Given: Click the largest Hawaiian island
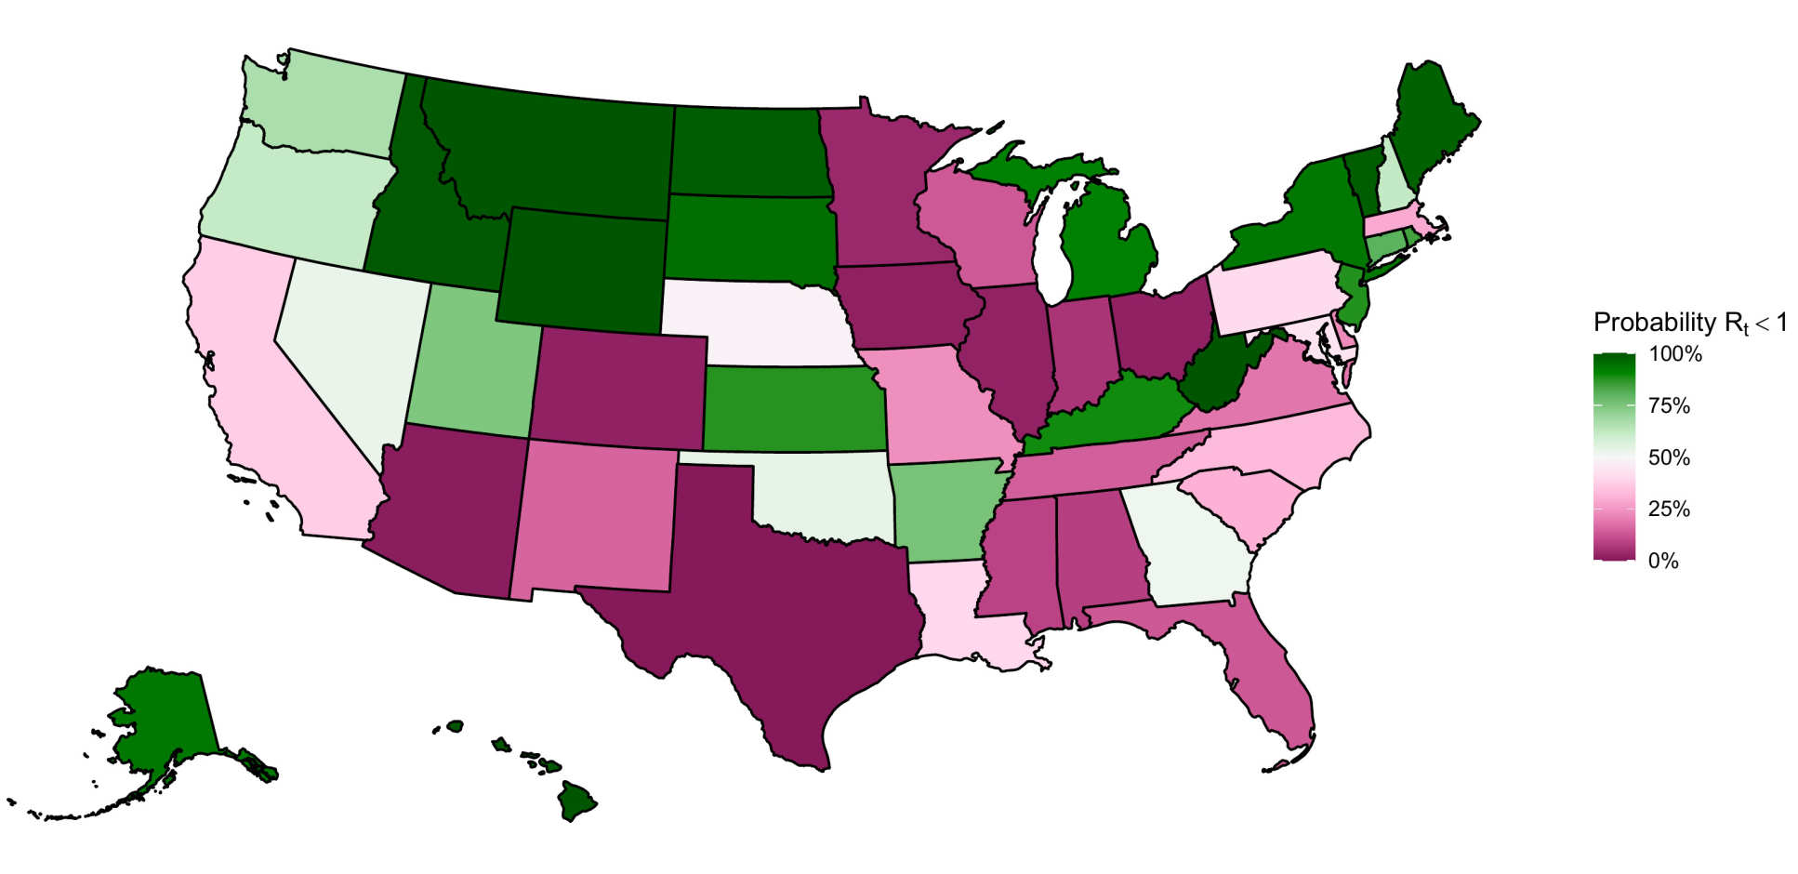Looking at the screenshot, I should coord(576,800).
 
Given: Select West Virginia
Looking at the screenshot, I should coord(1213,377).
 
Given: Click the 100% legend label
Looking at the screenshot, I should coord(1674,354).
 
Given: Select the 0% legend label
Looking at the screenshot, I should coord(1663,562).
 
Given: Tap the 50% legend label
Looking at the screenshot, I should coord(1669,457).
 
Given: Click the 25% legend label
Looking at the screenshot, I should coord(1669,510).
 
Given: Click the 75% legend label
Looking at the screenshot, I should coord(1669,406).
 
